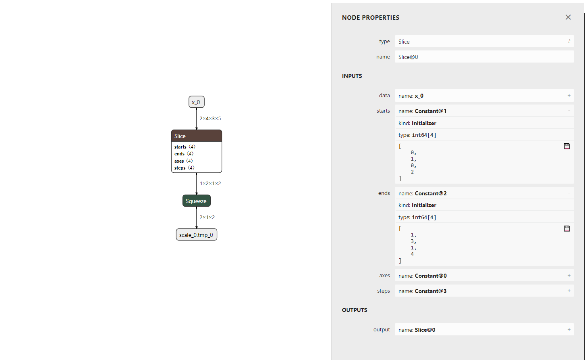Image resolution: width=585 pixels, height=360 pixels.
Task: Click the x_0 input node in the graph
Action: (196, 102)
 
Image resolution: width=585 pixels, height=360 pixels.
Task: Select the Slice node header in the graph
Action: (196, 136)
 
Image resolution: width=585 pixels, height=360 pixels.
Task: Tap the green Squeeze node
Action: (196, 201)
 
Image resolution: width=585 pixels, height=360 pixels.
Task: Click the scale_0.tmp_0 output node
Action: (196, 235)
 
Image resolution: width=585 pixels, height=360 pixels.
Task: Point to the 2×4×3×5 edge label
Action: (210, 119)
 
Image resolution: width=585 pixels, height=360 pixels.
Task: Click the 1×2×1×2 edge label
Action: (210, 184)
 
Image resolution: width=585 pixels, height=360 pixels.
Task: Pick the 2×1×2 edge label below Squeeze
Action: (207, 218)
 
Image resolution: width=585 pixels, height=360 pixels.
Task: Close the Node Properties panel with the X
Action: (568, 17)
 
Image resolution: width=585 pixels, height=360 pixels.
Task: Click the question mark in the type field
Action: (569, 41)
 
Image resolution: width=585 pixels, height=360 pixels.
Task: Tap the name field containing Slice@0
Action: (484, 57)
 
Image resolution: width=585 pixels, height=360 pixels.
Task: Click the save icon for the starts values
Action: (567, 146)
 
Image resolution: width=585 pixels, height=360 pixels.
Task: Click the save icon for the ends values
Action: (567, 228)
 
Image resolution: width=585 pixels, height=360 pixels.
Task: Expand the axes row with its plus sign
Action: (569, 276)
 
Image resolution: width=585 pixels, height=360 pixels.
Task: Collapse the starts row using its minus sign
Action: (569, 111)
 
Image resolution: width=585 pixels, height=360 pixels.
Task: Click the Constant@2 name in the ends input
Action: (430, 193)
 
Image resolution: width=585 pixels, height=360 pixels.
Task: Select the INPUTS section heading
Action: (352, 76)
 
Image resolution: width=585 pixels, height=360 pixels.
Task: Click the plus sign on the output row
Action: (569, 330)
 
